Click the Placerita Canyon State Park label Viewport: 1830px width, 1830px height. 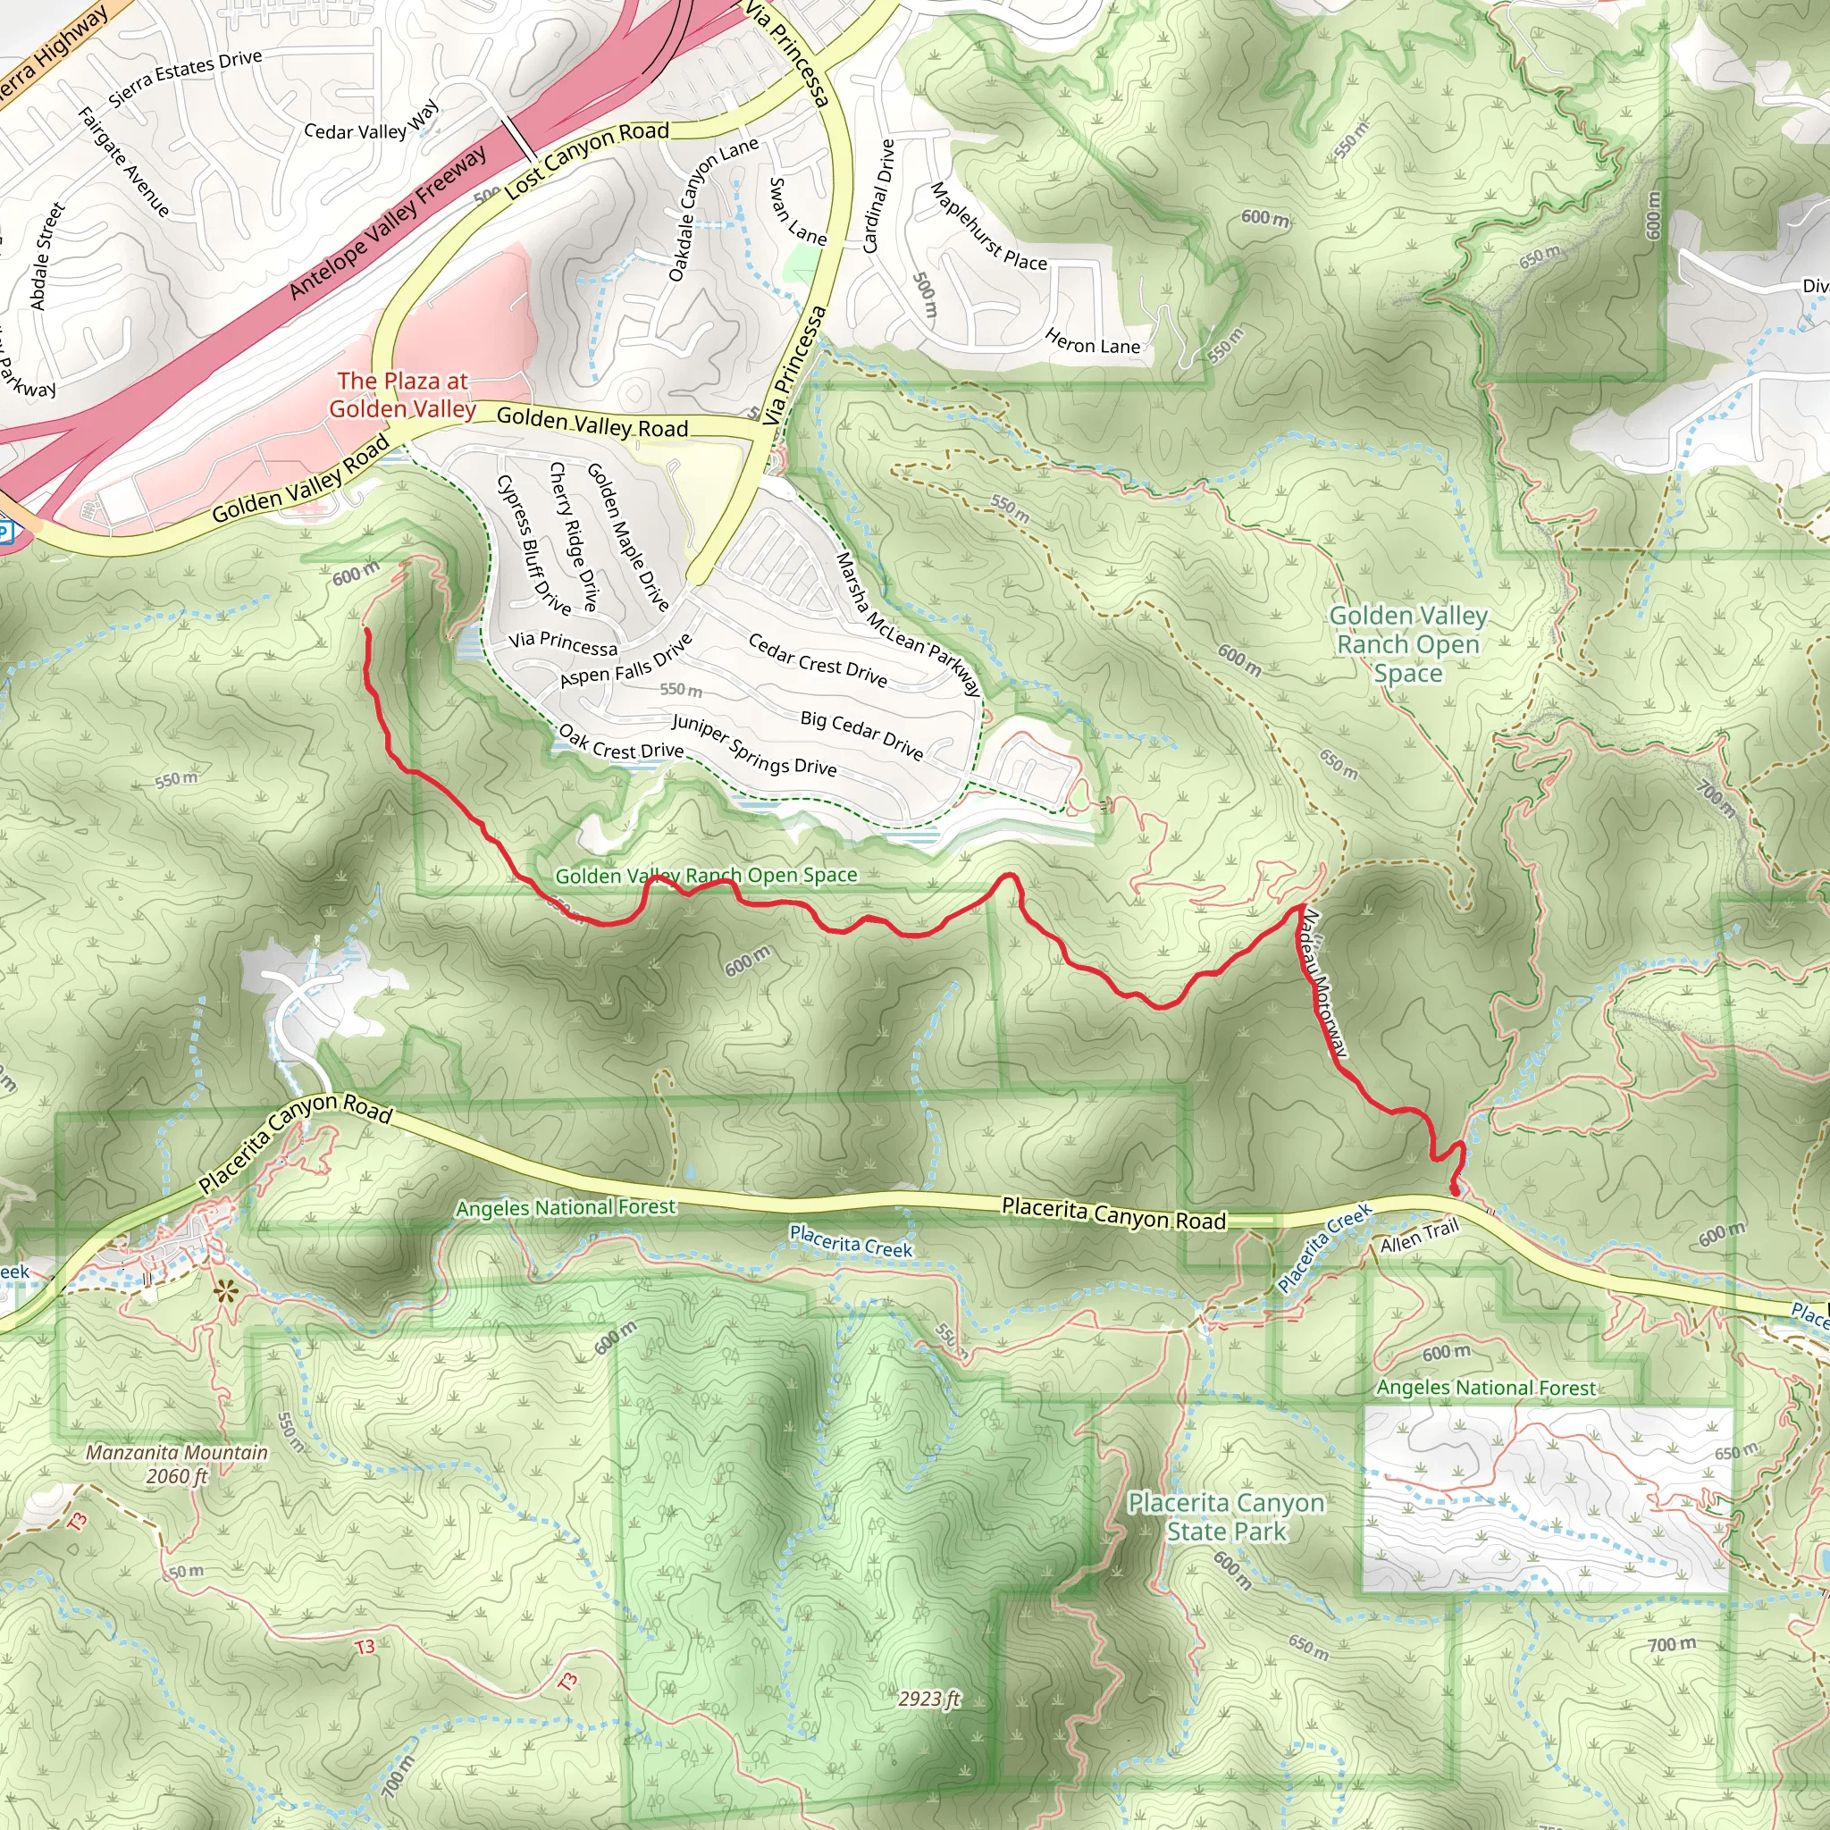pyautogui.click(x=1226, y=1516)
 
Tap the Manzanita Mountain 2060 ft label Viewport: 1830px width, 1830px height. pyautogui.click(x=177, y=1464)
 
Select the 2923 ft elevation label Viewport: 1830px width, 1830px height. pyautogui.click(x=929, y=1699)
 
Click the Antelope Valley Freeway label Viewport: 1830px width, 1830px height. pyautogui.click(x=388, y=223)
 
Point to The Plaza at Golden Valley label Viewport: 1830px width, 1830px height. pyautogui.click(x=403, y=395)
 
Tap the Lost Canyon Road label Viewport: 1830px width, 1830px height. pyautogui.click(x=587, y=157)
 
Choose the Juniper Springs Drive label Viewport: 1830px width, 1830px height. pyautogui.click(x=754, y=745)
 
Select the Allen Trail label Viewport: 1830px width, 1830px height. pyautogui.click(x=1419, y=1236)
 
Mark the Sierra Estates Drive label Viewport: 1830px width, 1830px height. pyautogui.click(x=185, y=78)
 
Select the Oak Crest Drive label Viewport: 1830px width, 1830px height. pyautogui.click(x=620, y=742)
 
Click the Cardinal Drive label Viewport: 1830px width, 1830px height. pyautogui.click(x=878, y=196)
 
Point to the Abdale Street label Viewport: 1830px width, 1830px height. pyautogui.click(x=47, y=256)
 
